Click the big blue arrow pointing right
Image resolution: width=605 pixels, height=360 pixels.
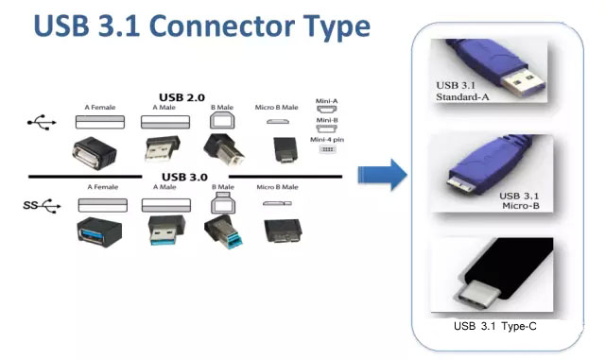(x=382, y=175)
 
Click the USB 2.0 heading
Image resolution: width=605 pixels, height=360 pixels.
(x=181, y=97)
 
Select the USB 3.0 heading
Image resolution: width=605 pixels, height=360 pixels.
(x=184, y=177)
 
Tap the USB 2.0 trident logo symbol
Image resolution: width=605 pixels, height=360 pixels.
(x=42, y=122)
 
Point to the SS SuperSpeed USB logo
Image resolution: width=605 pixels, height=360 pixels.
(x=42, y=205)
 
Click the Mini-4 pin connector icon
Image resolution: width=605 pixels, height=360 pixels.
(x=327, y=149)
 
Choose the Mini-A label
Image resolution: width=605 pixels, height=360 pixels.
(x=326, y=101)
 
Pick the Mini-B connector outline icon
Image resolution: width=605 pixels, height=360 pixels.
(x=326, y=129)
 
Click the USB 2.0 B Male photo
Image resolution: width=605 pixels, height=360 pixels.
(x=224, y=149)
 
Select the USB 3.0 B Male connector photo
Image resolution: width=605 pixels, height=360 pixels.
(x=224, y=231)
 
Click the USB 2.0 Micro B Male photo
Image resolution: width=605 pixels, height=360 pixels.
(x=285, y=149)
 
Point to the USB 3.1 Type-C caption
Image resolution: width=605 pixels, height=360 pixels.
(x=494, y=326)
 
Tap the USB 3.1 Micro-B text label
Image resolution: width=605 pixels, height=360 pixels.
(x=520, y=201)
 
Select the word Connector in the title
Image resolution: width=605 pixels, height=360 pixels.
(x=221, y=26)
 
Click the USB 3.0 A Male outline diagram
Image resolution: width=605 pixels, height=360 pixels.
(x=166, y=205)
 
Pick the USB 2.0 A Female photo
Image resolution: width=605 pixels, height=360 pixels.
(x=95, y=153)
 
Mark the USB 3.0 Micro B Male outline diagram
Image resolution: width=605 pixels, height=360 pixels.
(x=277, y=203)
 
